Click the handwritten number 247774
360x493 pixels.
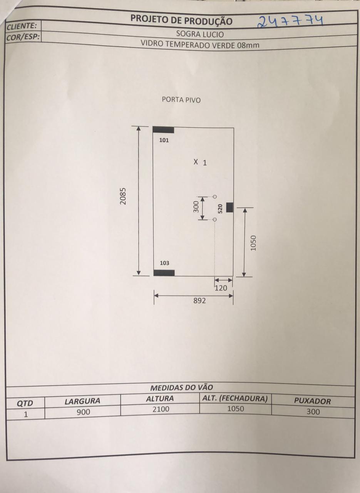coord(290,22)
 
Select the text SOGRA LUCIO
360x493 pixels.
coord(200,34)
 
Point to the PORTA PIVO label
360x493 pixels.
coord(181,100)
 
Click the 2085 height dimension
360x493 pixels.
coord(123,196)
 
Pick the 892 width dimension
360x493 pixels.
coord(199,301)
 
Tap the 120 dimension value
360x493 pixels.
coord(221,288)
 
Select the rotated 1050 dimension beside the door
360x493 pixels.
coord(253,243)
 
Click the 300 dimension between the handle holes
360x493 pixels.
coord(196,207)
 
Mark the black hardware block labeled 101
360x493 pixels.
coord(164,130)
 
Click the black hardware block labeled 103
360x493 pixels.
coord(164,273)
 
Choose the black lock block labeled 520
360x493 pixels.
coord(230,208)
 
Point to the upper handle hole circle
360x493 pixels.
coord(215,196)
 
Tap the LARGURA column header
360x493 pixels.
coord(82,401)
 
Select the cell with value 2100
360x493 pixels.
coord(161,409)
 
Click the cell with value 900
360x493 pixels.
coord(83,412)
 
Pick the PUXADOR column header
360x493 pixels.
coord(313,401)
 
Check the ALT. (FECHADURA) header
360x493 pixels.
coord(234,399)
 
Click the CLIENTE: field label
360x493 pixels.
coord(22,26)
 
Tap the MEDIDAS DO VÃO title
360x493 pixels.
coord(182,387)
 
